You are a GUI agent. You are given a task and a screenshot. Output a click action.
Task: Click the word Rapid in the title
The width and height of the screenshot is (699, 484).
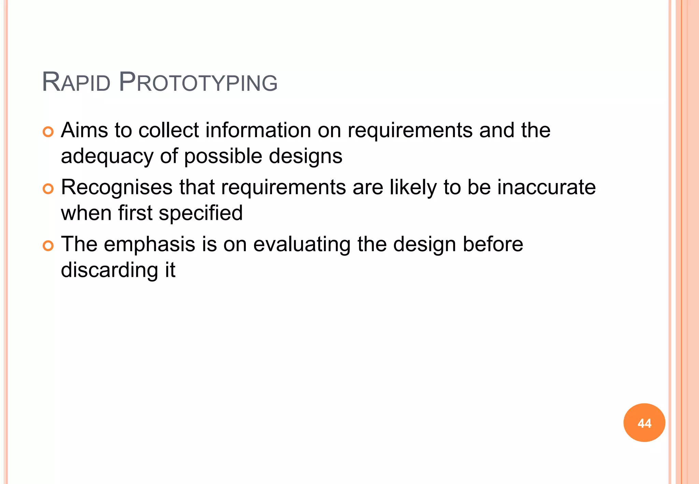pyautogui.click(x=76, y=83)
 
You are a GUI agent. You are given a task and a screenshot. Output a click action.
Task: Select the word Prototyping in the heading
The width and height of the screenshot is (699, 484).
pyautogui.click(x=198, y=83)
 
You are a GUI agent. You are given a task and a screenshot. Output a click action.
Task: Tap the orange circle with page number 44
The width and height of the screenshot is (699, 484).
pyautogui.click(x=644, y=423)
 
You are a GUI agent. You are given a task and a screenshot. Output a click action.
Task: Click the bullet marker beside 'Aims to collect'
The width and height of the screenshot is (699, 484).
pyautogui.click(x=48, y=132)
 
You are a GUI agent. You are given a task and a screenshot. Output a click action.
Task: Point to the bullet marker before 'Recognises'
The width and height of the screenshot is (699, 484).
pyautogui.click(x=48, y=189)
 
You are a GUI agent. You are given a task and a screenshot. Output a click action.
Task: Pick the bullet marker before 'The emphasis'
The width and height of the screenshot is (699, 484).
pyautogui.click(x=48, y=246)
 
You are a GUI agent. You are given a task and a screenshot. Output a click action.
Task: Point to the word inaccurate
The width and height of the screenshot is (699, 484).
pyautogui.click(x=546, y=187)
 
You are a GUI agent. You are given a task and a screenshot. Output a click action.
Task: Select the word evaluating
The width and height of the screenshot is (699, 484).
pyautogui.click(x=302, y=244)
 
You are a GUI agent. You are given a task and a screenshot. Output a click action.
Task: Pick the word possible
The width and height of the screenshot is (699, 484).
pyautogui.click(x=223, y=156)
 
